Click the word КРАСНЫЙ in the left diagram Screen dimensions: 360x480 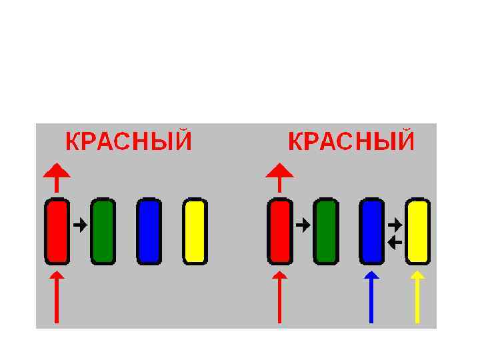click(x=129, y=142)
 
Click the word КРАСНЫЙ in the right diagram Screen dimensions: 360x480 click(x=351, y=142)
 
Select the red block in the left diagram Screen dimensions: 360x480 click(x=57, y=231)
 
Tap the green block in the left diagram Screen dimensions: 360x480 click(x=103, y=231)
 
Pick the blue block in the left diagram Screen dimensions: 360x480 click(x=149, y=231)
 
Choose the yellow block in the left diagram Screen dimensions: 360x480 click(x=195, y=231)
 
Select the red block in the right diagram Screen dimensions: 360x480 click(x=279, y=231)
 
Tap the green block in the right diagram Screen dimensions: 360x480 click(x=325, y=231)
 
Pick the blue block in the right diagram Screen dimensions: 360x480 click(x=371, y=231)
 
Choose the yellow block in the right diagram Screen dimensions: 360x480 click(x=417, y=231)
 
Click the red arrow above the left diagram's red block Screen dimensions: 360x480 click(x=57, y=176)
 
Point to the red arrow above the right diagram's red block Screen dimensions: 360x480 click(x=279, y=176)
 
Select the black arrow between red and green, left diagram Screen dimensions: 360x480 click(x=80, y=225)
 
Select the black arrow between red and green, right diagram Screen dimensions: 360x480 click(x=303, y=225)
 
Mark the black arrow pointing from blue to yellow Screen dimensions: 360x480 click(x=395, y=224)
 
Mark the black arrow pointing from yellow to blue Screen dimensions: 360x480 click(x=395, y=241)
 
